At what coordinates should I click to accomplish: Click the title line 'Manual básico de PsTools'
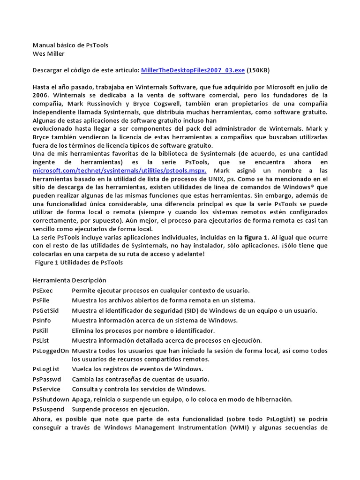pos(70,45)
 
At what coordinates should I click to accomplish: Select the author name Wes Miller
pos(49,53)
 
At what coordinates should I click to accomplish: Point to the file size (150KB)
pos(258,70)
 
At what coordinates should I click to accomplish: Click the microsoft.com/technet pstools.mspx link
pos(119,171)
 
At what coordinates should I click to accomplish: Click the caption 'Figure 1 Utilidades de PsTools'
pos(79,262)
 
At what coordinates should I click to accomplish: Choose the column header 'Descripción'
pos(89,280)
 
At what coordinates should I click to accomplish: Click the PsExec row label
pos(43,290)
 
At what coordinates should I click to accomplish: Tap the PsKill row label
pos(41,330)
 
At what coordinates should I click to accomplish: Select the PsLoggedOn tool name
pos(51,351)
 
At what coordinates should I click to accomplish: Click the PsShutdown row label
pos(51,399)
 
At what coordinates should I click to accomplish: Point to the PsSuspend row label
pos(49,409)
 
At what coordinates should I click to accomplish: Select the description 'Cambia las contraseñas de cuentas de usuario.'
pos(141,379)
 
